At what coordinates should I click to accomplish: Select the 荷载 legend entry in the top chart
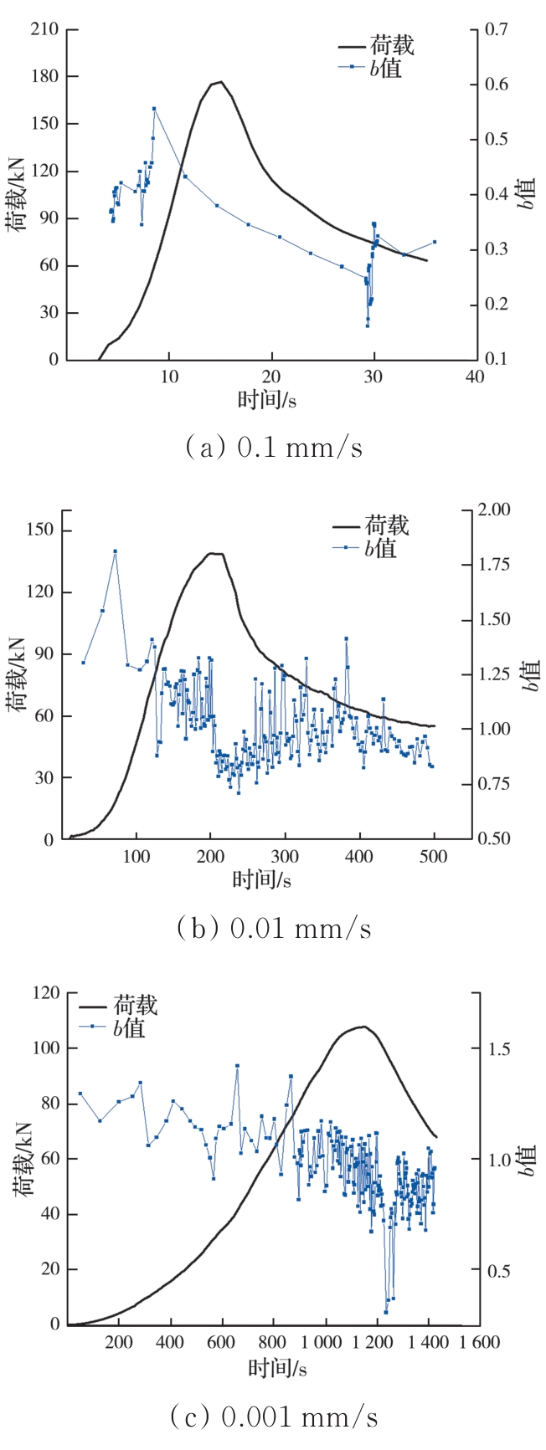tap(391, 45)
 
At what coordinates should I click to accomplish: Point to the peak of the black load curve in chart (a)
tap(219, 82)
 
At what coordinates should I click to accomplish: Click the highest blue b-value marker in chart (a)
tap(154, 109)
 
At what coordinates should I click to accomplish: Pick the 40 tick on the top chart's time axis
tap(475, 377)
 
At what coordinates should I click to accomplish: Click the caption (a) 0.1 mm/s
tap(274, 448)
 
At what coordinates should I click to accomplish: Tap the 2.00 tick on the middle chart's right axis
tap(493, 510)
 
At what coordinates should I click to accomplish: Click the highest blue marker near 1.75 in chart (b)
tap(115, 551)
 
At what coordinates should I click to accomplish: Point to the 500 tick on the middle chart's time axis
tap(434, 856)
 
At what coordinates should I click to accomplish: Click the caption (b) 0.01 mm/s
tap(274, 928)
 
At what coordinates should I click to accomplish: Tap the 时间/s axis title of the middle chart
tap(262, 879)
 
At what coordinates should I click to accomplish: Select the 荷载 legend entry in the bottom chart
tap(135, 1005)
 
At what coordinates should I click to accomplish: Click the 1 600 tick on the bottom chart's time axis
tap(480, 1343)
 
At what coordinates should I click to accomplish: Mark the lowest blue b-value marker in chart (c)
tap(386, 1312)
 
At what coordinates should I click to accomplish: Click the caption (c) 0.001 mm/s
tap(274, 1417)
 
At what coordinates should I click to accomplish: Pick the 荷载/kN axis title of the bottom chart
tap(23, 1159)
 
